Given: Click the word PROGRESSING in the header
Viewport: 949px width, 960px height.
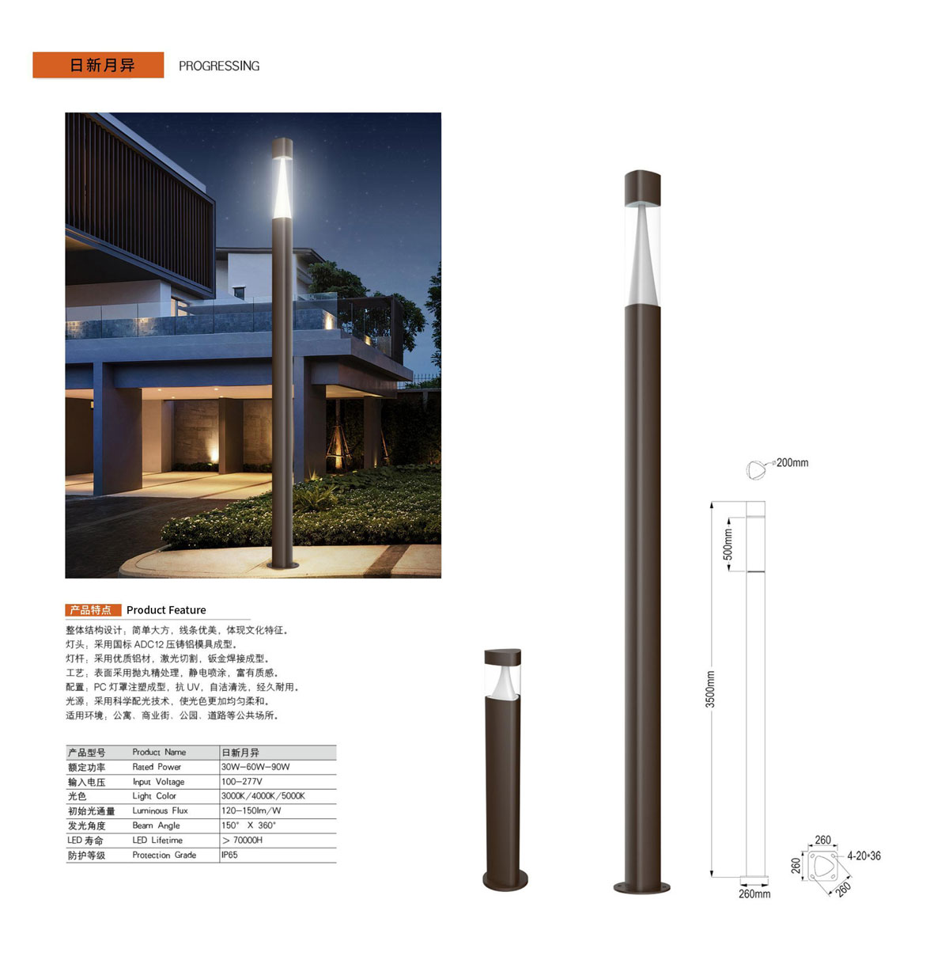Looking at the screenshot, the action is point(218,66).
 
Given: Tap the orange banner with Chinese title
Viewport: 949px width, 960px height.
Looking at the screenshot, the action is point(98,65).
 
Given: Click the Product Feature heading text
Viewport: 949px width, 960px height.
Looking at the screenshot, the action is point(166,609).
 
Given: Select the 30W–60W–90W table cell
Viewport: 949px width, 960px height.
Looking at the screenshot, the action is point(255,767).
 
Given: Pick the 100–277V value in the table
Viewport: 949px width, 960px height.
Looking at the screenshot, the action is point(241,781).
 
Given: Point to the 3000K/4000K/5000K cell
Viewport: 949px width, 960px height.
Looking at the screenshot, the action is point(263,795).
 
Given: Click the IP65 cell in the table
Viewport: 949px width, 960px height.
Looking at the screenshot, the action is point(229,855).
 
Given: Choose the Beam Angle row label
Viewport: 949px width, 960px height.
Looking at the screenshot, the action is point(156,825).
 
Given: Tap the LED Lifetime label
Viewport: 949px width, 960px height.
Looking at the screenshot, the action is point(157,840).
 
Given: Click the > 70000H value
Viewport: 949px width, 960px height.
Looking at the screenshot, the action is point(242,840).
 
